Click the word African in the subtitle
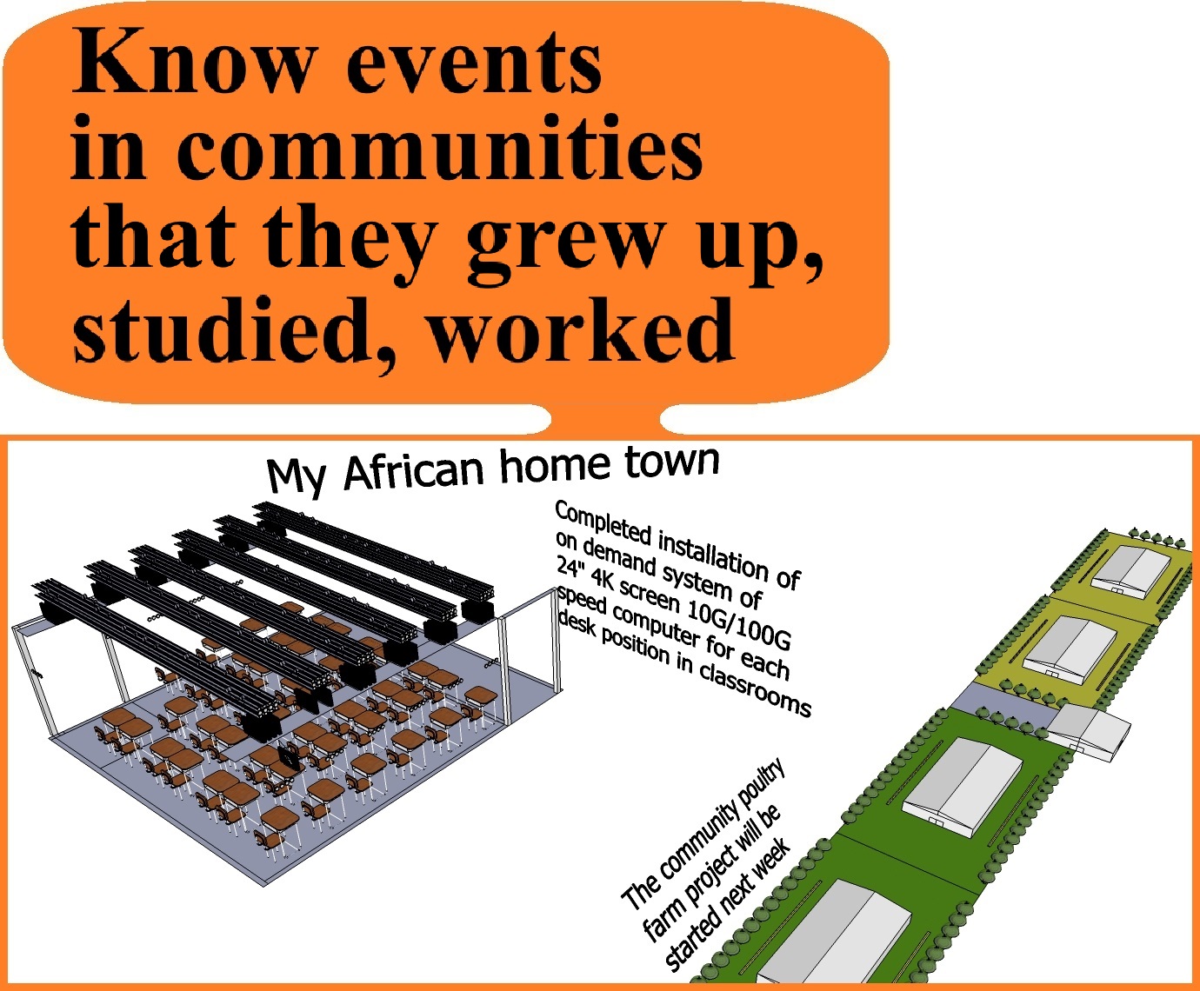pos(414,471)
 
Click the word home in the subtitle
pos(555,464)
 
